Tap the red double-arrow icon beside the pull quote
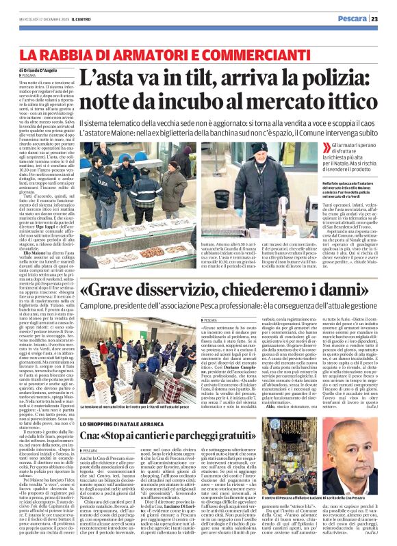[x=324, y=148]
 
